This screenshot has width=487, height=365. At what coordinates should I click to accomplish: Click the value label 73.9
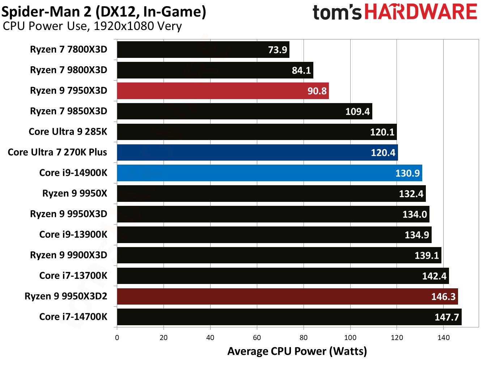pos(277,50)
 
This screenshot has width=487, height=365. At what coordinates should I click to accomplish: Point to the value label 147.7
pos(446,317)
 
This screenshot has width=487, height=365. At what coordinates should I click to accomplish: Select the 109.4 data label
pos(357,111)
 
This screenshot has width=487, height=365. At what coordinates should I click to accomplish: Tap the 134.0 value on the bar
pos(415,215)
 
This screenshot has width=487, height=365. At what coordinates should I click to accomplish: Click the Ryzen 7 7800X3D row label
pos(68,50)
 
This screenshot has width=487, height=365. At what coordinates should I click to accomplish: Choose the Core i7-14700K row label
pos(73,317)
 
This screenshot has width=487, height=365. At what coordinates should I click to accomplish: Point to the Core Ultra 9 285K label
pos(68,132)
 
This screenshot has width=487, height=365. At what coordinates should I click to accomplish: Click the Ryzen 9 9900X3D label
pos(68,255)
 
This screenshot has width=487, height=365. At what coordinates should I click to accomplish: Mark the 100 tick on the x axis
pos(350,338)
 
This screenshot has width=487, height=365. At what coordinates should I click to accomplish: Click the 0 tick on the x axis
pos(117,338)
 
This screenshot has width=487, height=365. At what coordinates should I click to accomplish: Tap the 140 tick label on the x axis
pos(443,338)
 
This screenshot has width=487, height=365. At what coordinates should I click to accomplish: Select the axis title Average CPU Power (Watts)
pos(297,351)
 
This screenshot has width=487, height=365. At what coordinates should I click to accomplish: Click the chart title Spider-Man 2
pos(103,12)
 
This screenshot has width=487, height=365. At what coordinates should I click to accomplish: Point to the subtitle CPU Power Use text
pos(92,26)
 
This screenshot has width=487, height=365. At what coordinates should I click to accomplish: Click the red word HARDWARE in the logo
pos(420,12)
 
